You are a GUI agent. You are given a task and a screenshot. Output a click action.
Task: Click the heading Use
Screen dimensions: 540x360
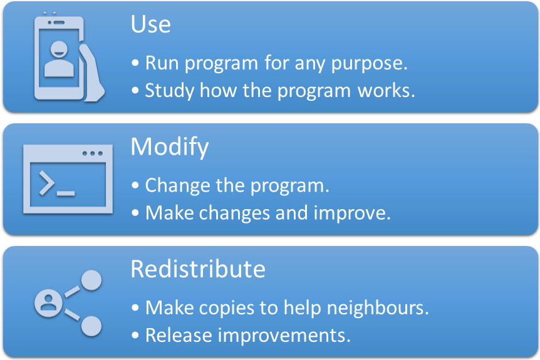tap(150, 24)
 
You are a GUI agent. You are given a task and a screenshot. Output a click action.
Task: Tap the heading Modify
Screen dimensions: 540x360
tap(169, 147)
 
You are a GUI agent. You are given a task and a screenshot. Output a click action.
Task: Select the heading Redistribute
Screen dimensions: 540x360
tap(198, 269)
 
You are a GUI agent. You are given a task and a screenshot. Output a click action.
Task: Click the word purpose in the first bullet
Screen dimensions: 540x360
tap(369, 64)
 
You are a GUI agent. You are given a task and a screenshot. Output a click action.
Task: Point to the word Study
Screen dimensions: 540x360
tap(170, 91)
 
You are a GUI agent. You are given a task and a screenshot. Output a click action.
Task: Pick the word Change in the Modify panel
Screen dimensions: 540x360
tap(177, 186)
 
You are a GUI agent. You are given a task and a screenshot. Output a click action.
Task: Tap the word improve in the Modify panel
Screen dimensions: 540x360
tap(352, 213)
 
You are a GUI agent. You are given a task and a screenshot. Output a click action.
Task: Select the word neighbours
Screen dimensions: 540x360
tap(378, 307)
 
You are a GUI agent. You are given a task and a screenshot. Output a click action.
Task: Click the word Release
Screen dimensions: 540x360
tap(179, 335)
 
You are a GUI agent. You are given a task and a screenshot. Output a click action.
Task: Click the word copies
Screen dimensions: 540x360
tap(227, 308)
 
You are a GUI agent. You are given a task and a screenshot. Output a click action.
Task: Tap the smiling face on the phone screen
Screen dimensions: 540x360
tap(59, 49)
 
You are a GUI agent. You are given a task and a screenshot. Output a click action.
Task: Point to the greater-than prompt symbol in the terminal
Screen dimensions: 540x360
tap(46, 183)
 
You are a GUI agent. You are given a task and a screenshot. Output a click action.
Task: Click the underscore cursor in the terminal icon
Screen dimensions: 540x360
tap(65, 193)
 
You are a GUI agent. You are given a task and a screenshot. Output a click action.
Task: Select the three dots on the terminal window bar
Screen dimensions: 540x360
tap(92, 153)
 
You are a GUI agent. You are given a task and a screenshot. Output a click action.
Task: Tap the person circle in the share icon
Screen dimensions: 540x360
tap(49, 303)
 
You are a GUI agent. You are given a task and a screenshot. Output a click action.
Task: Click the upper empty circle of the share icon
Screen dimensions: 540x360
tap(91, 280)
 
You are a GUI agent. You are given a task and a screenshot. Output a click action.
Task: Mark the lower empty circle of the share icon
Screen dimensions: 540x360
tap(91, 326)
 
